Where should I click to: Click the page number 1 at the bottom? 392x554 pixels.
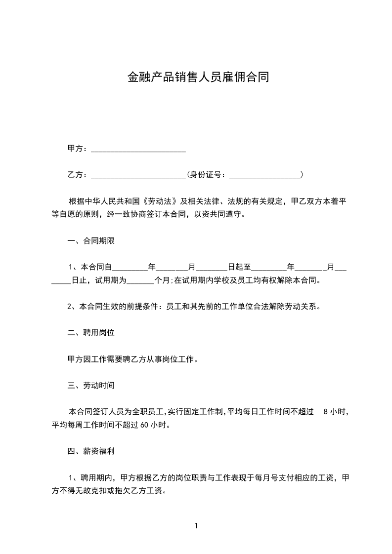(x=196, y=525)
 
